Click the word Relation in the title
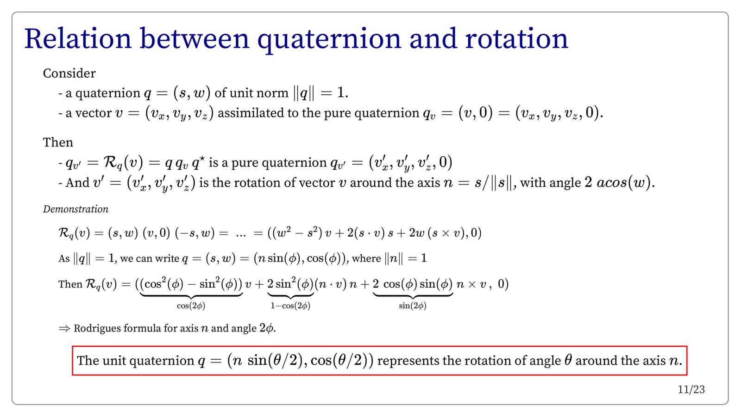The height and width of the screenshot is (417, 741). click(x=78, y=39)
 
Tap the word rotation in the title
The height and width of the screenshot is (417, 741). click(x=517, y=39)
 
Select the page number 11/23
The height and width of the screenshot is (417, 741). click(x=691, y=390)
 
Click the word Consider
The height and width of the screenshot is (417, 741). click(x=69, y=74)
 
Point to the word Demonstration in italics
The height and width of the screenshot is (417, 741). click(x=76, y=209)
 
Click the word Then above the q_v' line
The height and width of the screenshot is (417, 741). click(x=58, y=142)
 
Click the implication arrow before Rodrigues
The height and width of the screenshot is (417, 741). click(x=64, y=328)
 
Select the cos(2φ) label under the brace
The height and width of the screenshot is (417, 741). click(x=191, y=306)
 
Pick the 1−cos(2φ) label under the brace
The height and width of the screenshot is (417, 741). click(x=290, y=306)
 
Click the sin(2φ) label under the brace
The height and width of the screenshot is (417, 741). click(x=413, y=306)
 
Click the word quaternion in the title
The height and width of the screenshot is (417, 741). click(x=329, y=39)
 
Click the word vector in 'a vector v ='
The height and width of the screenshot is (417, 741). click(x=93, y=113)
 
